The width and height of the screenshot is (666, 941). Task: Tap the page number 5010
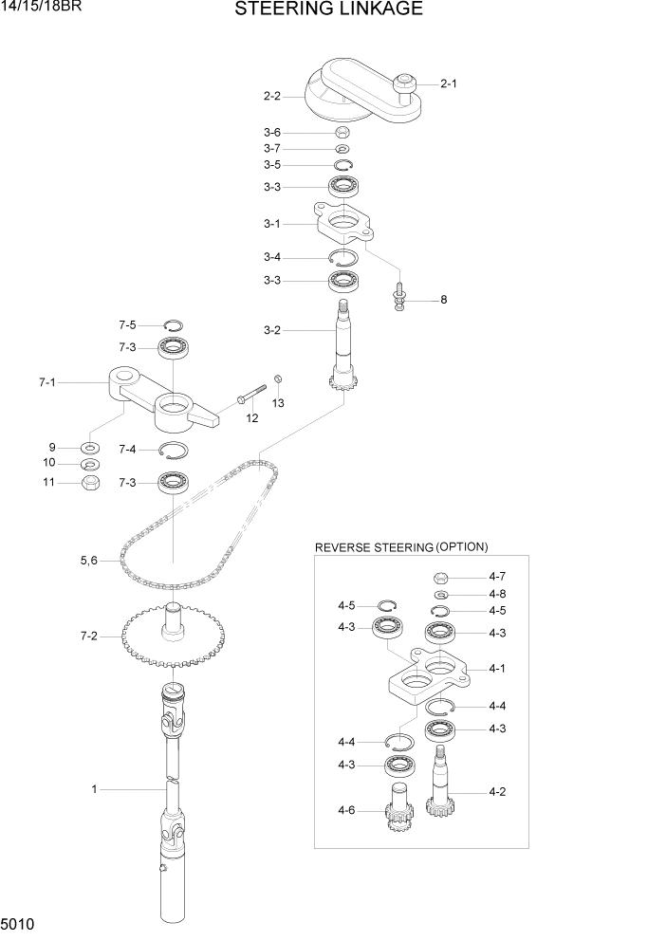click(x=19, y=923)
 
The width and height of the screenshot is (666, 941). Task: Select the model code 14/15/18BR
click(x=42, y=9)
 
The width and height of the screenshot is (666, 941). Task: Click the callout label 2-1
click(x=449, y=83)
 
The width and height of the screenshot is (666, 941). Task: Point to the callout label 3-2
click(x=271, y=330)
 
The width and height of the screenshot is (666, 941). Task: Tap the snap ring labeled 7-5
click(x=174, y=324)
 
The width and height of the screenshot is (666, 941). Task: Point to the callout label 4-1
click(x=496, y=668)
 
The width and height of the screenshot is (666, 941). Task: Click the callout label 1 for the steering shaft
click(x=94, y=788)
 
